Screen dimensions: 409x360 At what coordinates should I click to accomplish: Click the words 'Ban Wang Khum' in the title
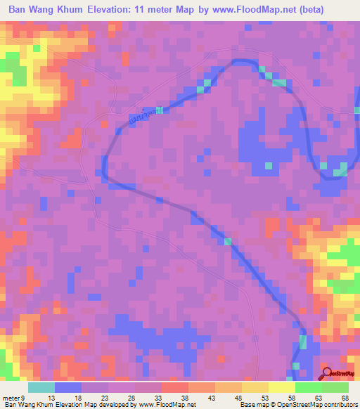pos(48,9)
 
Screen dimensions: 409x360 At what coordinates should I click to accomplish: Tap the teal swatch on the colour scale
pos(41,387)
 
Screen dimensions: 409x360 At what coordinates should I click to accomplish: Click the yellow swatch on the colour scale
pos(281,387)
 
